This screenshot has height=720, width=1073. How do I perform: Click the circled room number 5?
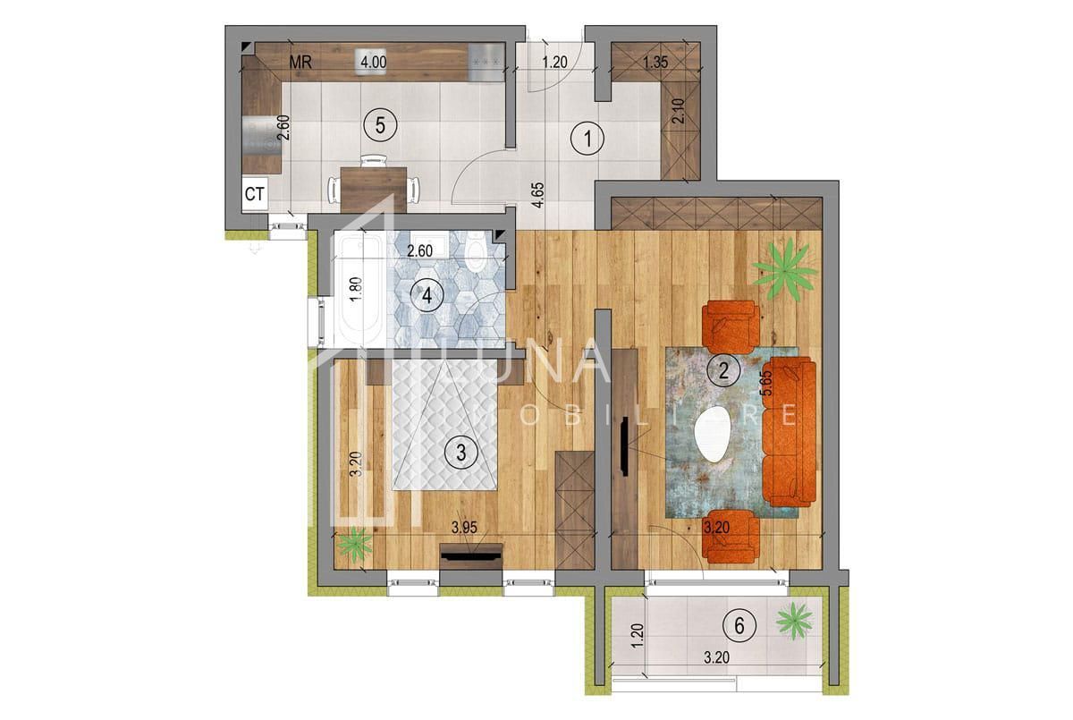(x=380, y=125)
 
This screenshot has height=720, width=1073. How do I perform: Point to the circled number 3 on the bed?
(x=460, y=453)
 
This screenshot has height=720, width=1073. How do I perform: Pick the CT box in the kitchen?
(x=254, y=193)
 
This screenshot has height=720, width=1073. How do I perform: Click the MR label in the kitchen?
(x=300, y=63)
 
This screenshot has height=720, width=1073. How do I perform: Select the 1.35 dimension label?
(x=657, y=63)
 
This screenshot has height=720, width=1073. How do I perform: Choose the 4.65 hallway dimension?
(x=537, y=194)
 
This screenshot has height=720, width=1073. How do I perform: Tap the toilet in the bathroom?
(x=477, y=254)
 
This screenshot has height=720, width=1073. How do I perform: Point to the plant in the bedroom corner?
(x=357, y=543)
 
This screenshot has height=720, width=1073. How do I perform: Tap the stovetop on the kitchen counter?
(x=487, y=63)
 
